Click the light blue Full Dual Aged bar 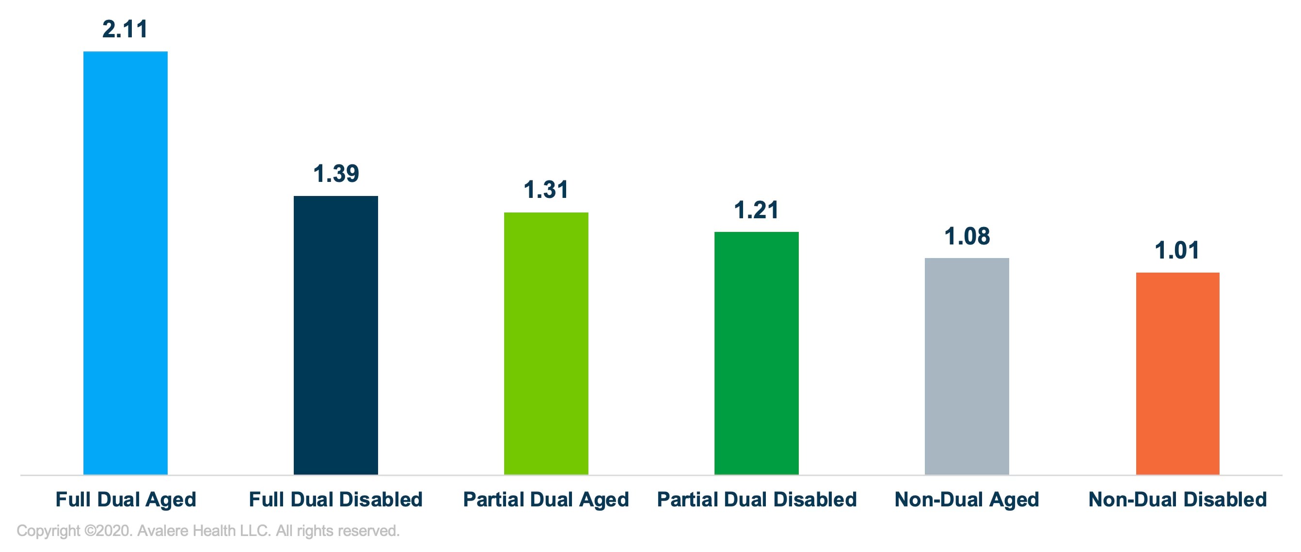point(125,263)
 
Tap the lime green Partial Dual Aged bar point(546,343)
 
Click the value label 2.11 point(125,29)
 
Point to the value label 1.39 point(336,173)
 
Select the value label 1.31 point(546,190)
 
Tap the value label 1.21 point(756,210)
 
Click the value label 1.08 point(967,236)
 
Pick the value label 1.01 point(1177,250)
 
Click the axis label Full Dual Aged point(126,500)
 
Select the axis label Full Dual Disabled point(336,500)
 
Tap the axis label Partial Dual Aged point(546,500)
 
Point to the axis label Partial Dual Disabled point(757,500)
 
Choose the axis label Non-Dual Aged point(967,500)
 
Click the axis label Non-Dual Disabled point(1177,500)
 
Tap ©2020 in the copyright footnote point(108,531)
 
